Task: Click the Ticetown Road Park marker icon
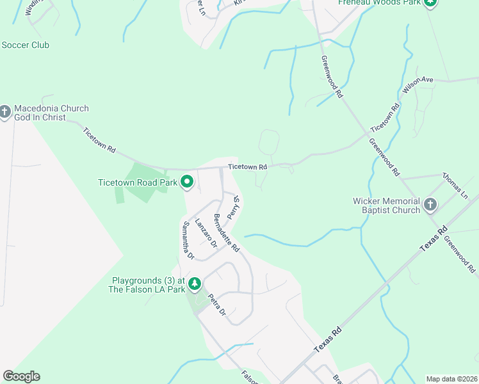[x=187, y=183]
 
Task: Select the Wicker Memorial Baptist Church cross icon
[x=430, y=205]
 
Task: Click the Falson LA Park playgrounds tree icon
[x=195, y=284]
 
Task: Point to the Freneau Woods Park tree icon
[x=430, y=3]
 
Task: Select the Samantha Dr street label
[x=188, y=240]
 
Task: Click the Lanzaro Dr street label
[x=206, y=232]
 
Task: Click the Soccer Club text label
[x=25, y=45]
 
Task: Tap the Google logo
[x=21, y=376]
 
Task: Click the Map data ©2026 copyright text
[x=451, y=379]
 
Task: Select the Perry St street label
[x=234, y=206]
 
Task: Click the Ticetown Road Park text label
[x=137, y=182]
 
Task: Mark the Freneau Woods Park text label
[x=380, y=3]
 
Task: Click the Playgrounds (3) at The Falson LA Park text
[x=148, y=285]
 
